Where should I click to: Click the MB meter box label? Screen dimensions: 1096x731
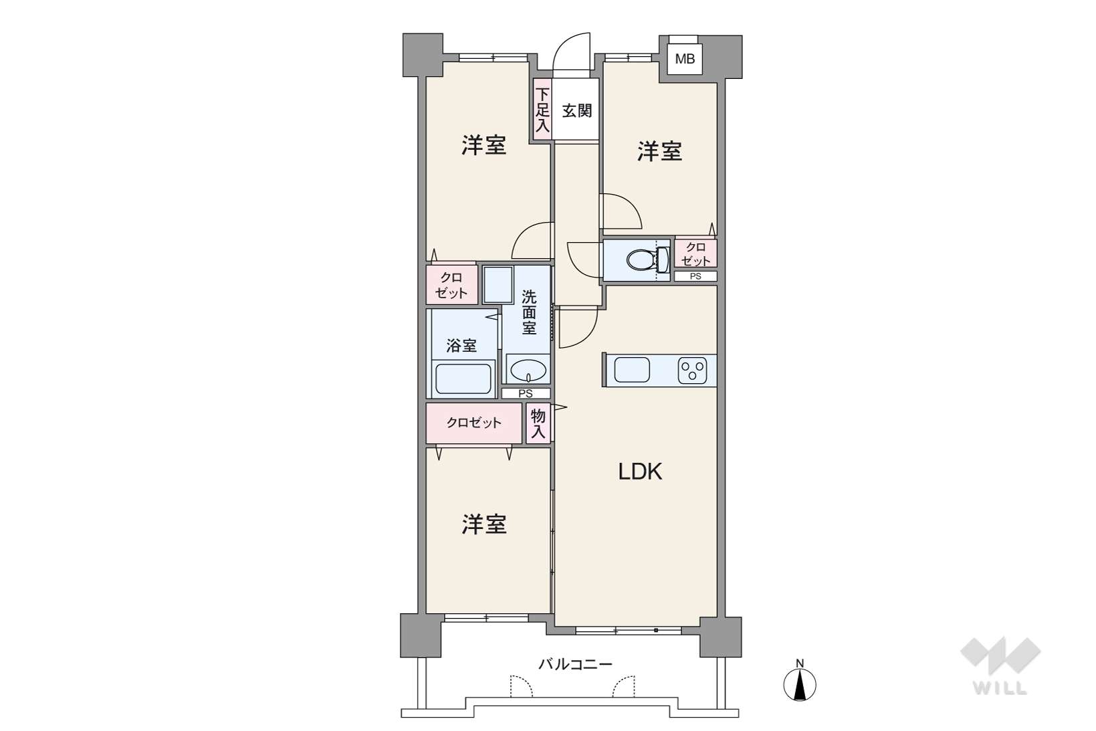[685, 60]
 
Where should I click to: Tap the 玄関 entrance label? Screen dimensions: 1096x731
[577, 110]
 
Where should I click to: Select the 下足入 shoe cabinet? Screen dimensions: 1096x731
[542, 110]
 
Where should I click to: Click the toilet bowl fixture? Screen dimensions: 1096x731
[647, 260]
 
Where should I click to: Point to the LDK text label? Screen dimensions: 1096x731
[640, 472]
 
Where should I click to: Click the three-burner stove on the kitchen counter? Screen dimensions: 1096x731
[692, 371]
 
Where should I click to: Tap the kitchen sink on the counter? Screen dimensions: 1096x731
[632, 370]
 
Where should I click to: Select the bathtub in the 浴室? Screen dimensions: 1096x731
[463, 379]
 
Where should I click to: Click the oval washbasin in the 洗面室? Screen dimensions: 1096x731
[528, 371]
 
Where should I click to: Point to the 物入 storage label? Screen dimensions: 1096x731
[538, 424]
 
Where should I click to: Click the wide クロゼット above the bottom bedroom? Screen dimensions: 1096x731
[473, 423]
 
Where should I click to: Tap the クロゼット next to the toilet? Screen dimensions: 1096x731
[695, 253]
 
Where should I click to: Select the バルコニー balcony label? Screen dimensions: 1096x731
[575, 664]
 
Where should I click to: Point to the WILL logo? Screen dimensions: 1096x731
[1000, 665]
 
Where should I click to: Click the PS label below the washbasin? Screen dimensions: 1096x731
[526, 393]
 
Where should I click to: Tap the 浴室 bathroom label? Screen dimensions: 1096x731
[461, 346]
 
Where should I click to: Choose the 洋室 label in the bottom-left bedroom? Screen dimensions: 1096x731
[484, 524]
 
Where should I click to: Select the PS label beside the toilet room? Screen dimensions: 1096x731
[695, 276]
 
